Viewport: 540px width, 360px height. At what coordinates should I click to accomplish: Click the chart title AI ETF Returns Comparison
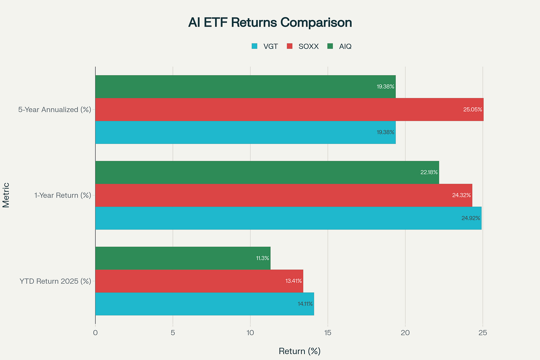pyautogui.click(x=270, y=23)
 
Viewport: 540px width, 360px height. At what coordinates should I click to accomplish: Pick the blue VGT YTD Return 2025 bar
pyautogui.click(x=204, y=304)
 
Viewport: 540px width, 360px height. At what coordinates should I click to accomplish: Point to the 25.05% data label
pyautogui.click(x=472, y=110)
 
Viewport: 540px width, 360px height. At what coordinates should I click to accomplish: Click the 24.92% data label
pyautogui.click(x=471, y=218)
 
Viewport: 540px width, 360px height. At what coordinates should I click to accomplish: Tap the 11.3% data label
pyautogui.click(x=263, y=258)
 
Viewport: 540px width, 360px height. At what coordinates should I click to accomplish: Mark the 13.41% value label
pyautogui.click(x=293, y=281)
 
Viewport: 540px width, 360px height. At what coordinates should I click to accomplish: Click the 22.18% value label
pyautogui.click(x=429, y=172)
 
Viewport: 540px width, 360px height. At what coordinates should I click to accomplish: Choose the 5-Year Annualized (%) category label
pyautogui.click(x=55, y=110)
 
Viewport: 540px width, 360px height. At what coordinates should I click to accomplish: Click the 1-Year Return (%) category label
pyautogui.click(x=63, y=195)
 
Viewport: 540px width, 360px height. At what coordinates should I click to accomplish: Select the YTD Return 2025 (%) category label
pyautogui.click(x=55, y=281)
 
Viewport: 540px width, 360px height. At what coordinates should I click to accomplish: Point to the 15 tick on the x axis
pyautogui.click(x=328, y=333)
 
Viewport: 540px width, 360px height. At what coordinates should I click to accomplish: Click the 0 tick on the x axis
pyautogui.click(x=95, y=333)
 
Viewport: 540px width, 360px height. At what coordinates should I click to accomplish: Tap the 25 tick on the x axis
pyautogui.click(x=483, y=333)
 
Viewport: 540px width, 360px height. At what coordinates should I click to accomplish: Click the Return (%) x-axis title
pyautogui.click(x=299, y=351)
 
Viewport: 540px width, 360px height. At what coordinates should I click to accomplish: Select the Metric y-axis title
pyautogui.click(x=6, y=195)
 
